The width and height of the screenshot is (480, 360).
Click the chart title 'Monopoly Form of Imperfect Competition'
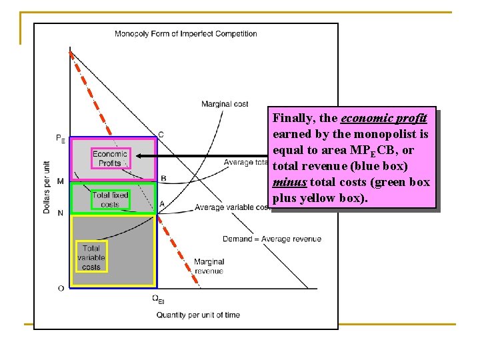185,34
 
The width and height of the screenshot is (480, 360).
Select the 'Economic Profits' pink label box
110,158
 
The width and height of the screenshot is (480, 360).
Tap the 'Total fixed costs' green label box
110,199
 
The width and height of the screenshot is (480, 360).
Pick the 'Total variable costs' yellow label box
91,258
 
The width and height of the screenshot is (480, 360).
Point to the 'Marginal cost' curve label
225,104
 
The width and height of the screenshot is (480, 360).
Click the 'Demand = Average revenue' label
272,239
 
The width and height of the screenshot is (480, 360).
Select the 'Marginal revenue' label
209,266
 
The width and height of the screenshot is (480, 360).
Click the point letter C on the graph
161,135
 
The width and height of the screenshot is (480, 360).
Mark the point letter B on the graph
163,178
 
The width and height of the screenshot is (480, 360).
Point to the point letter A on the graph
162,204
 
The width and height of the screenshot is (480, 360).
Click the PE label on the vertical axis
61,139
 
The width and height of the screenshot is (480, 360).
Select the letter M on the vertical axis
61,181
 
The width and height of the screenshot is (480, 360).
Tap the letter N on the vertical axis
61,213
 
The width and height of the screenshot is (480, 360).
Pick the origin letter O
61,288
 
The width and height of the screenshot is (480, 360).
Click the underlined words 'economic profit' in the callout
383,119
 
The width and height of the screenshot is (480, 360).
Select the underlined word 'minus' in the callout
289,182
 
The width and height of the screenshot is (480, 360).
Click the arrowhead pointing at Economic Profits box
138,157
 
